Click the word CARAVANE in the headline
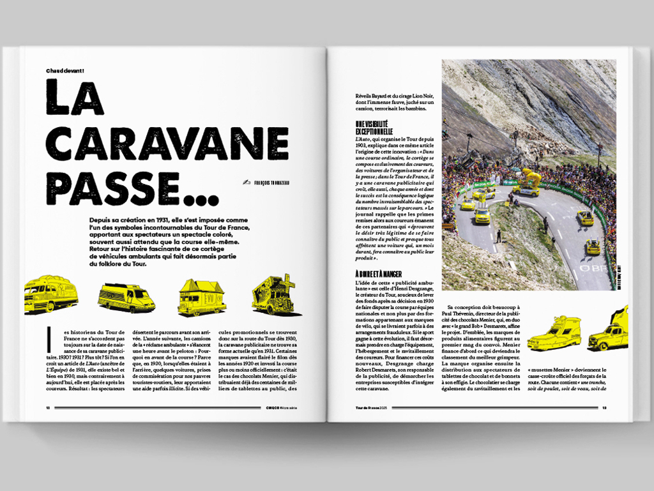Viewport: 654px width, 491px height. [x=167, y=144]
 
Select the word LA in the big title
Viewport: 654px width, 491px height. [x=75, y=100]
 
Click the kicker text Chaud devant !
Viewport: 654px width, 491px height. [x=65, y=70]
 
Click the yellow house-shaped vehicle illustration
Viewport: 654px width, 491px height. [x=201, y=297]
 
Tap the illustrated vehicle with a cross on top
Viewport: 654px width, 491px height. [x=273, y=295]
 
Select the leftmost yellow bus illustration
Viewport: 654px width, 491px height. [x=50, y=294]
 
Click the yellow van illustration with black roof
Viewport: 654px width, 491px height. [x=126, y=298]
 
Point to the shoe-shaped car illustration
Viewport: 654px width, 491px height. [x=554, y=335]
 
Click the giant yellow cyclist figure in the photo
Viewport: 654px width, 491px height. [x=531, y=178]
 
